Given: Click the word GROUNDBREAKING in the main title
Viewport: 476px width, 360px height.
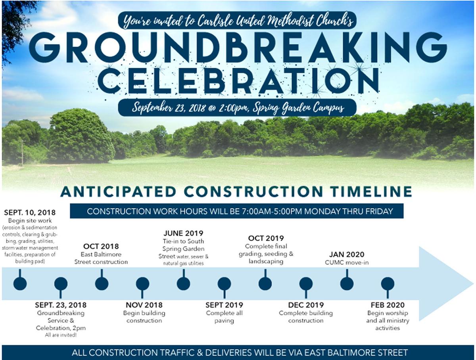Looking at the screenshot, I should pyautogui.click(x=238, y=47).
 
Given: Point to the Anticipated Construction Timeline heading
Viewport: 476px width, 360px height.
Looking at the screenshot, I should pyautogui.click(x=236, y=192).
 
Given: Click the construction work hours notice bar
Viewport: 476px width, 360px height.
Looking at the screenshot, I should pyautogui.click(x=237, y=211).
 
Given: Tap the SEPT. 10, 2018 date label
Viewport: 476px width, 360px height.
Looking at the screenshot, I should pyautogui.click(x=30, y=213).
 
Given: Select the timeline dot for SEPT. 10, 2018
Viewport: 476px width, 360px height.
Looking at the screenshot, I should pyautogui.click(x=20, y=283).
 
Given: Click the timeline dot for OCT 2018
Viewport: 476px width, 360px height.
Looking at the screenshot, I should pyautogui.click(x=102, y=283).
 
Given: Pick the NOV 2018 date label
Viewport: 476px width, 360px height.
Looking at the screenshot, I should pyautogui.click(x=144, y=305).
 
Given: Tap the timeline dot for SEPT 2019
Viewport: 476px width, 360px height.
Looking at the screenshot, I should pyautogui.click(x=224, y=283).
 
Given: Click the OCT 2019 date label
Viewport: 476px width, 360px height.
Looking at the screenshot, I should pyautogui.click(x=266, y=238).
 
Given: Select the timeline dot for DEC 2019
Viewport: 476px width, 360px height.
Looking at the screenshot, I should pyautogui.click(x=306, y=283).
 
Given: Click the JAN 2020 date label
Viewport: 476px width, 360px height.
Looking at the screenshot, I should pyautogui.click(x=346, y=255).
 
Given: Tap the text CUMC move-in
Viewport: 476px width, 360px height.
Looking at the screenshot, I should pyautogui.click(x=346, y=262).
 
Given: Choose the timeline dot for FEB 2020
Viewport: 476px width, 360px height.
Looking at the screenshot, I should pyautogui.click(x=388, y=283).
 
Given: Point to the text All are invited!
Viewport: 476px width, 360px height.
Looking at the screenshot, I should pyautogui.click(x=61, y=335).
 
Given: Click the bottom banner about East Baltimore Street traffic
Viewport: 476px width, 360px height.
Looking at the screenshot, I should pyautogui.click(x=238, y=352).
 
